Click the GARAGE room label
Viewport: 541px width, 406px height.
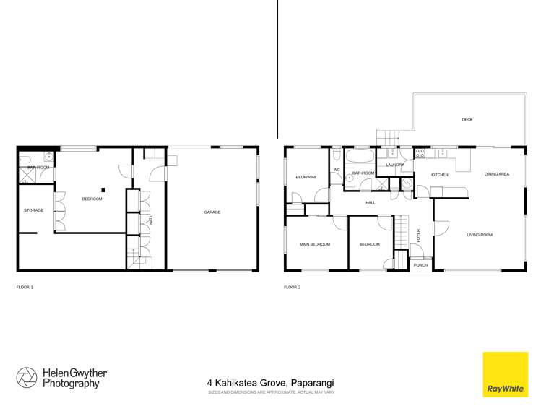coord(212,212)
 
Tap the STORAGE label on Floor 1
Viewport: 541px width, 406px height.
coord(34,210)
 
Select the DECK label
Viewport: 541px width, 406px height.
coord(467,120)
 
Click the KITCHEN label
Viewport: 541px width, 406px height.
coord(440,175)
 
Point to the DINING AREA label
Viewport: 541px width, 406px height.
coord(497,174)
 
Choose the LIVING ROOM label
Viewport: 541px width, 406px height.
coord(479,235)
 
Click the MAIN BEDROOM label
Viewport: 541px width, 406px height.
coord(314,244)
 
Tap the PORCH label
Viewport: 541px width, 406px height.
coord(420,265)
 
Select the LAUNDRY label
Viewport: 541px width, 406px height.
coord(394,165)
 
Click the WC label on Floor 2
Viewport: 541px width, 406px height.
coord(337,170)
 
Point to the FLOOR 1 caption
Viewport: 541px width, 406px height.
coord(25,287)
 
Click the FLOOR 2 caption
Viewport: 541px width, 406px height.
coord(292,287)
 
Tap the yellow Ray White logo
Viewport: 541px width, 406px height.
coord(505,374)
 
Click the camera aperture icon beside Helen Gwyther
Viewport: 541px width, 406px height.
coord(27,378)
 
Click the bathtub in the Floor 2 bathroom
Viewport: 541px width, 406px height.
coord(358,155)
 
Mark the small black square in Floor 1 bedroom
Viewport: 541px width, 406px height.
coord(103,190)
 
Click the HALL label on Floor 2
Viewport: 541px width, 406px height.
coord(371,203)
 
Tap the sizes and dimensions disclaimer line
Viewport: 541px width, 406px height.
coord(270,392)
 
